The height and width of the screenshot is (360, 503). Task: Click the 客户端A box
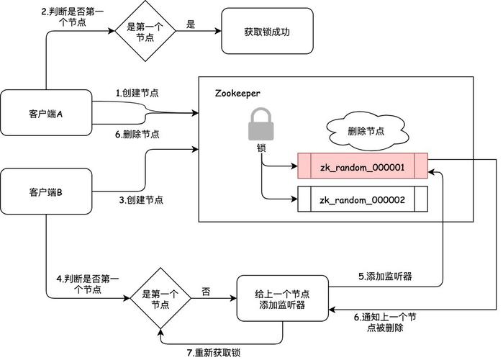click(x=46, y=112)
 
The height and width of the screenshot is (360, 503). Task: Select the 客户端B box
click(x=46, y=192)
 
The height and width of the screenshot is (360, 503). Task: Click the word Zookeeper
click(x=237, y=94)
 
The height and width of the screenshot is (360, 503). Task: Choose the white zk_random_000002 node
click(x=363, y=199)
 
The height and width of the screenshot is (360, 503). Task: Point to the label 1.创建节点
click(x=138, y=94)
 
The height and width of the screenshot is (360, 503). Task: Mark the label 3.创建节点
click(x=140, y=199)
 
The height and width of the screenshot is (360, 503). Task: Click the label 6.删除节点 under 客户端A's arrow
click(x=137, y=134)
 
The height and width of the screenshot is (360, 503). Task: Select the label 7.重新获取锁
click(x=213, y=352)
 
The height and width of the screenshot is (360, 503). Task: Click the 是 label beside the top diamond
click(x=191, y=24)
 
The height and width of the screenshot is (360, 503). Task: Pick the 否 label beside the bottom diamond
click(x=206, y=292)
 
